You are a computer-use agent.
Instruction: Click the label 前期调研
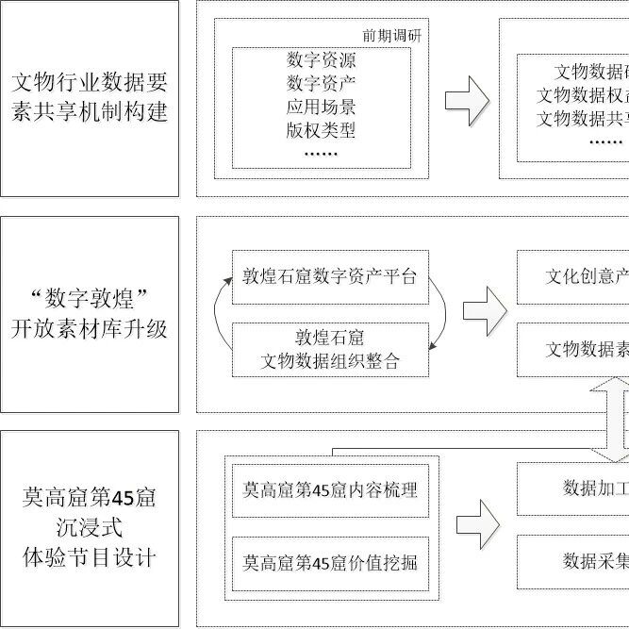[390, 36]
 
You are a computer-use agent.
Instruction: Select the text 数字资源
[321, 59]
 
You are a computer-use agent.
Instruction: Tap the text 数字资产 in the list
[321, 83]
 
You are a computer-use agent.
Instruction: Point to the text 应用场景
[321, 106]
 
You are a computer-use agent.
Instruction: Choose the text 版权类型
[321, 128]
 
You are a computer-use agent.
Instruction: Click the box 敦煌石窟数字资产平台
[329, 277]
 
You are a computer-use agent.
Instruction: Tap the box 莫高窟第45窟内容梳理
[329, 490]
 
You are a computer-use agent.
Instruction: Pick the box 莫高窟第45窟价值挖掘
[329, 562]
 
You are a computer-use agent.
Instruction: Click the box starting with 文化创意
[573, 277]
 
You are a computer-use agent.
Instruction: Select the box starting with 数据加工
[573, 488]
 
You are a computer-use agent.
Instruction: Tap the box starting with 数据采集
[573, 561]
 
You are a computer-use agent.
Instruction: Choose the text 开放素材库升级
[90, 329]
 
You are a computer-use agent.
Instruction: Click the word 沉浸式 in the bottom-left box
[90, 526]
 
